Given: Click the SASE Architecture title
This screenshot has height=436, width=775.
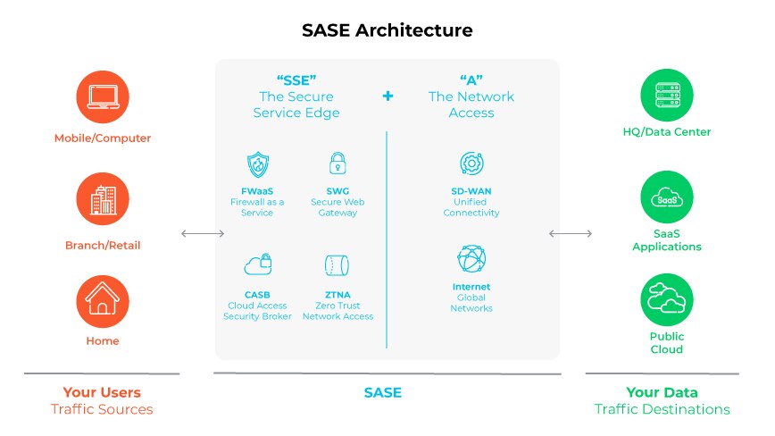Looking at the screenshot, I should [x=387, y=30].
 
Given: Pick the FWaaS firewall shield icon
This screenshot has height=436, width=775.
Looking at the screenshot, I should [x=257, y=164].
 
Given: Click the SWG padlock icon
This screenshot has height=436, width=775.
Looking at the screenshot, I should [x=337, y=163].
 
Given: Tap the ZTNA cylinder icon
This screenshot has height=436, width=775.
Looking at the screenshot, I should [x=337, y=264].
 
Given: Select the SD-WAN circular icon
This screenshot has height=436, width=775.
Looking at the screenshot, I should [x=471, y=163].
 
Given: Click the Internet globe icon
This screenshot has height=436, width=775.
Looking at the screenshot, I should [x=471, y=259].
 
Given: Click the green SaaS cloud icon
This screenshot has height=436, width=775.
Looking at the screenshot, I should [x=667, y=198].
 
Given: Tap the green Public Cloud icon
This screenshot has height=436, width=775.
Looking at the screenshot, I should [x=667, y=299].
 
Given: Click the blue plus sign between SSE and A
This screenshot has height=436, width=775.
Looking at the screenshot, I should [x=387, y=96].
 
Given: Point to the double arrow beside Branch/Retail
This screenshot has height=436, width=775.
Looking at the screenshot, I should [x=203, y=234].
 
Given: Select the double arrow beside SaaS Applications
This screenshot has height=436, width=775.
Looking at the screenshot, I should [x=571, y=234].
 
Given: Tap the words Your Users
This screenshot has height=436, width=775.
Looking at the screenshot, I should [x=102, y=392].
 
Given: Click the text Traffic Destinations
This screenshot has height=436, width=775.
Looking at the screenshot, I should [x=662, y=409].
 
